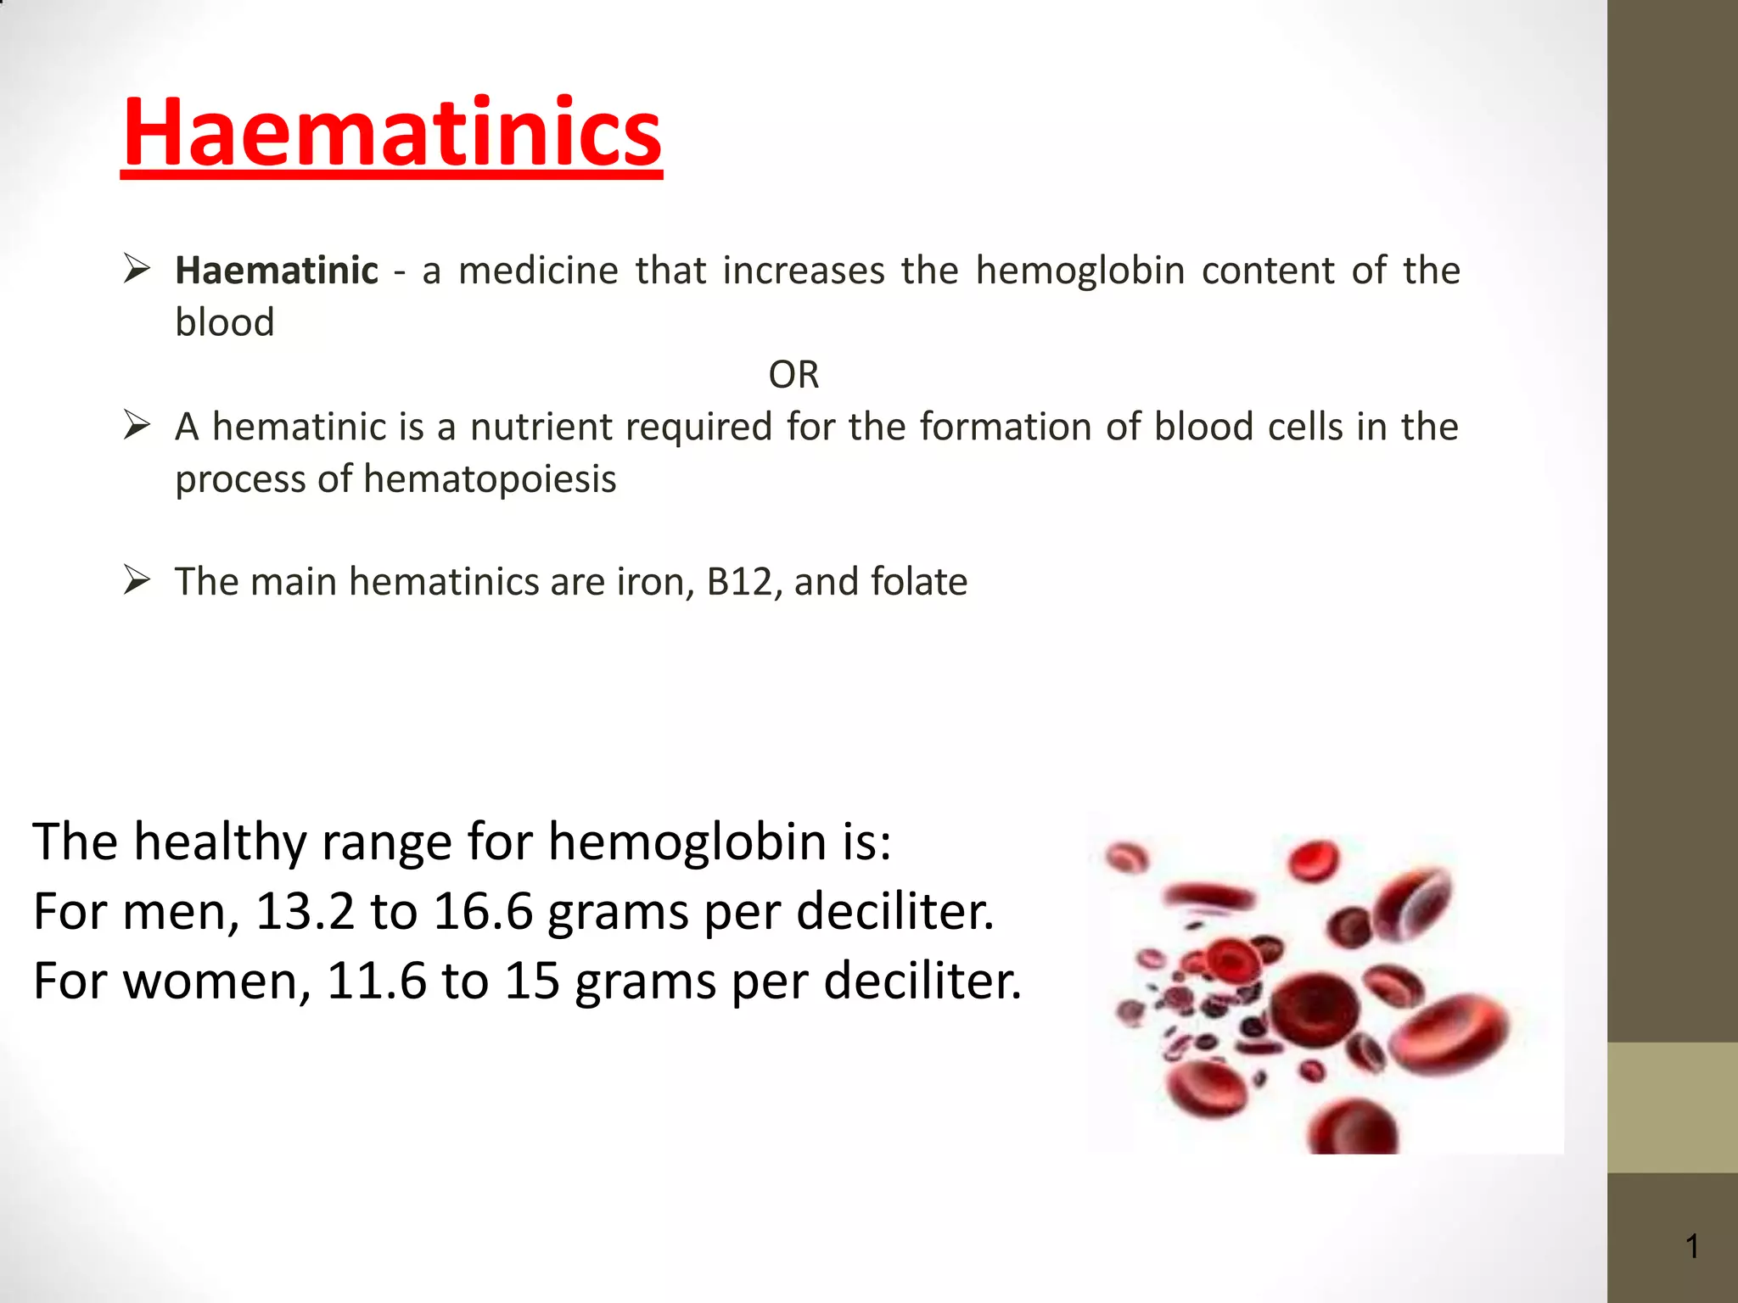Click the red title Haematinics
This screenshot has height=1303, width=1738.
(x=391, y=133)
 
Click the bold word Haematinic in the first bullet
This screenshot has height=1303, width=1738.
(x=277, y=271)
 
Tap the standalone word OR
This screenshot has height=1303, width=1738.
(x=793, y=375)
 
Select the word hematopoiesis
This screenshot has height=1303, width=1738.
(x=490, y=479)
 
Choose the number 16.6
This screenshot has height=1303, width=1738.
(x=483, y=912)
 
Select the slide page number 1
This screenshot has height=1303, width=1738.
(x=1692, y=1246)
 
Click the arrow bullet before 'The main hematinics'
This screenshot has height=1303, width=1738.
(x=137, y=580)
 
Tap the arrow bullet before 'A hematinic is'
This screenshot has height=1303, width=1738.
(x=137, y=424)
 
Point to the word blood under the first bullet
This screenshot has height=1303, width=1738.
(x=225, y=322)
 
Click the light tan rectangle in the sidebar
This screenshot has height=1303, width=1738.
(x=1672, y=1107)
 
